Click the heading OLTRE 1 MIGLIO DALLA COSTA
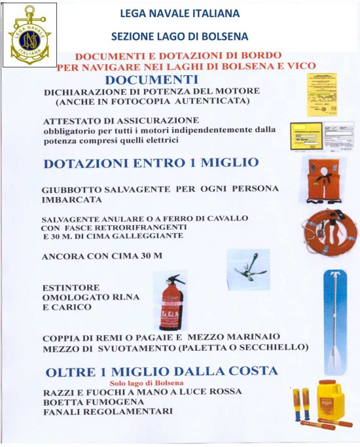tap(162, 371)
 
